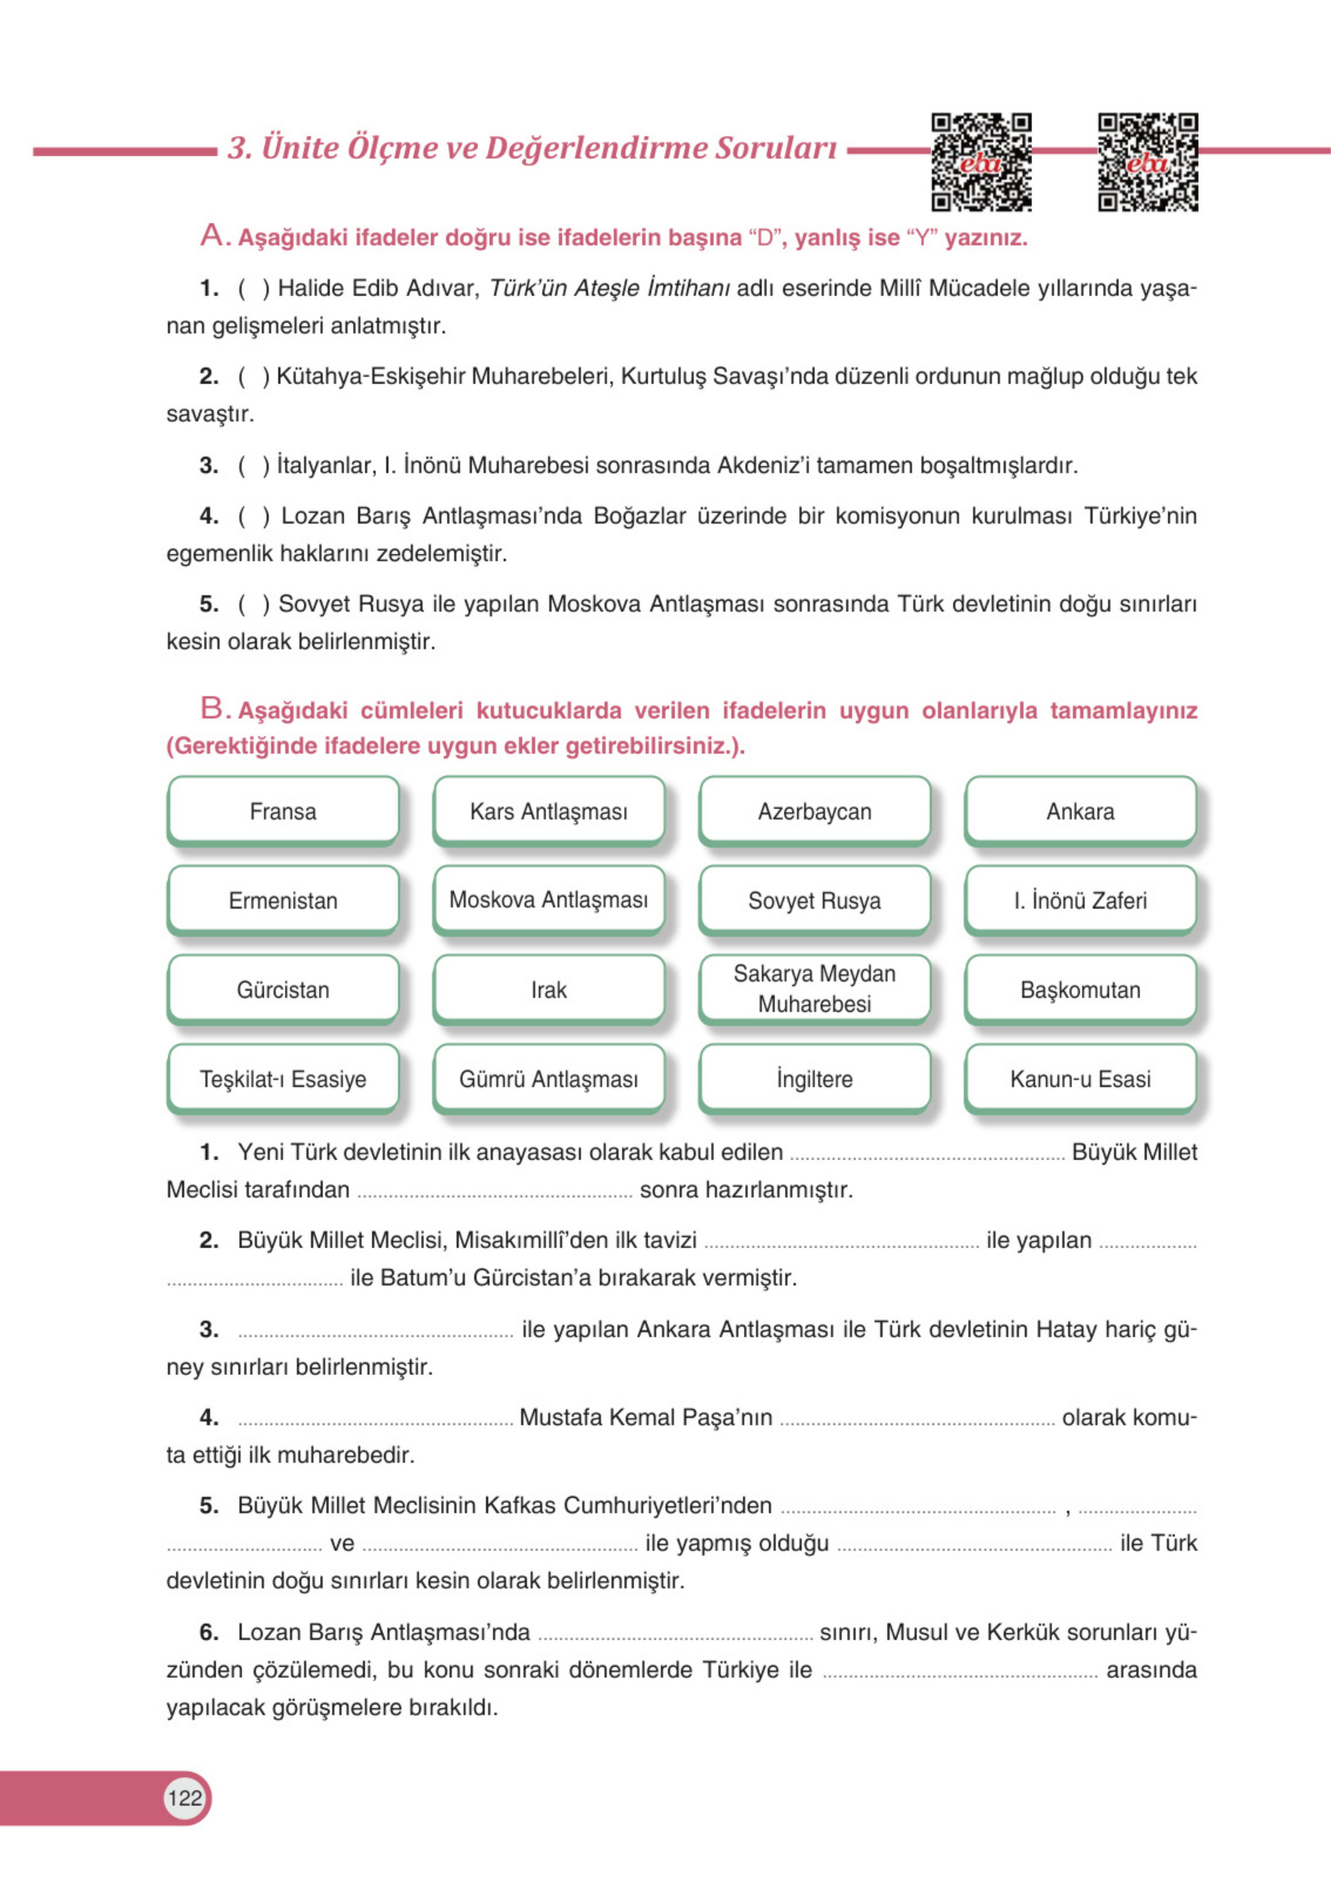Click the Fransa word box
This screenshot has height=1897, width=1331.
(282, 812)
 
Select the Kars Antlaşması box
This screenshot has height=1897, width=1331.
(549, 812)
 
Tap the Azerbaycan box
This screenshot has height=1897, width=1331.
(815, 812)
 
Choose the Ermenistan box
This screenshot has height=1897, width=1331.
(282, 901)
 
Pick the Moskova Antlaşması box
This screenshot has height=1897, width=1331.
(549, 901)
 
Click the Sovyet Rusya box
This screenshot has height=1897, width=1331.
(815, 901)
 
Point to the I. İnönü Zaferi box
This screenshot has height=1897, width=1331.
(1080, 901)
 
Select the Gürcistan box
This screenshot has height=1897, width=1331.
(282, 990)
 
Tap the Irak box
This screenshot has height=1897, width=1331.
(549, 990)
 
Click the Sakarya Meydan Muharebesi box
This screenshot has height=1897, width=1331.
(815, 989)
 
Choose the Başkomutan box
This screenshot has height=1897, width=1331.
(1080, 990)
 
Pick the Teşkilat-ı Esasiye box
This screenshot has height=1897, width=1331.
(282, 1079)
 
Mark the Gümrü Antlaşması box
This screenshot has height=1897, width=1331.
(549, 1079)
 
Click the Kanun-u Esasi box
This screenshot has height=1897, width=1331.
(1080, 1079)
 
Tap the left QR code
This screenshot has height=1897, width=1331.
(981, 163)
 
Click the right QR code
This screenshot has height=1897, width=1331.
(1148, 163)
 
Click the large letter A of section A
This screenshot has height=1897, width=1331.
(211, 236)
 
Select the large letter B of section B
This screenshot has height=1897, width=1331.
(211, 708)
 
